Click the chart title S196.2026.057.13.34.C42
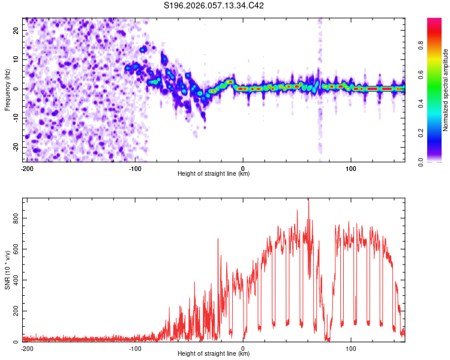(x=214, y=6)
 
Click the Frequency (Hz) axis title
(x=7, y=90)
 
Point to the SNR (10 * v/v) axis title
(x=7, y=270)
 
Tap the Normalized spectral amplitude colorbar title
(x=445, y=90)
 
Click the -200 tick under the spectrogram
(x=26, y=167)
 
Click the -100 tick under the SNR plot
(x=135, y=347)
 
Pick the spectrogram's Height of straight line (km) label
(x=214, y=174)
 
